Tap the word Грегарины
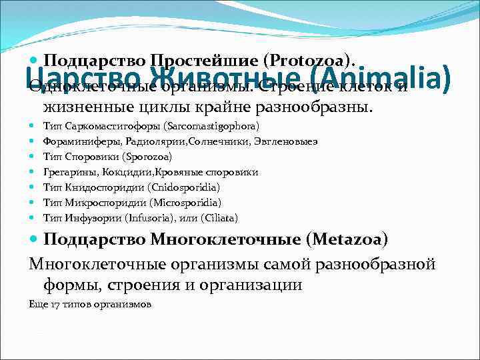67,172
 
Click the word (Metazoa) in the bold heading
335,239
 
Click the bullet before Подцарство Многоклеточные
35,239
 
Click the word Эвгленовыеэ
285,141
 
